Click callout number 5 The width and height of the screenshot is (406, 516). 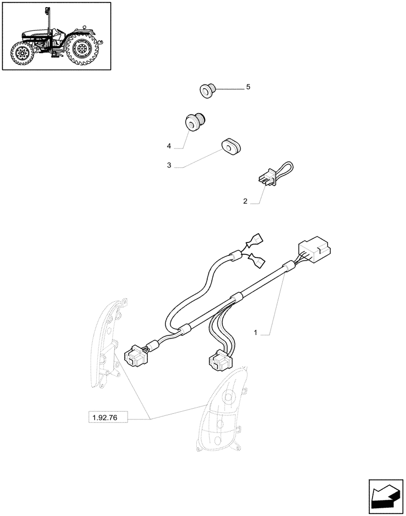248,87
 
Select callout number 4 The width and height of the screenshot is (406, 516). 169,147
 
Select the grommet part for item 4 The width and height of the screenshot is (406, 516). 194,122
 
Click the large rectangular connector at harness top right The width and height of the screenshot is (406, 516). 313,250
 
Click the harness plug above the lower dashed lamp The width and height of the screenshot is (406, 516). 218,361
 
